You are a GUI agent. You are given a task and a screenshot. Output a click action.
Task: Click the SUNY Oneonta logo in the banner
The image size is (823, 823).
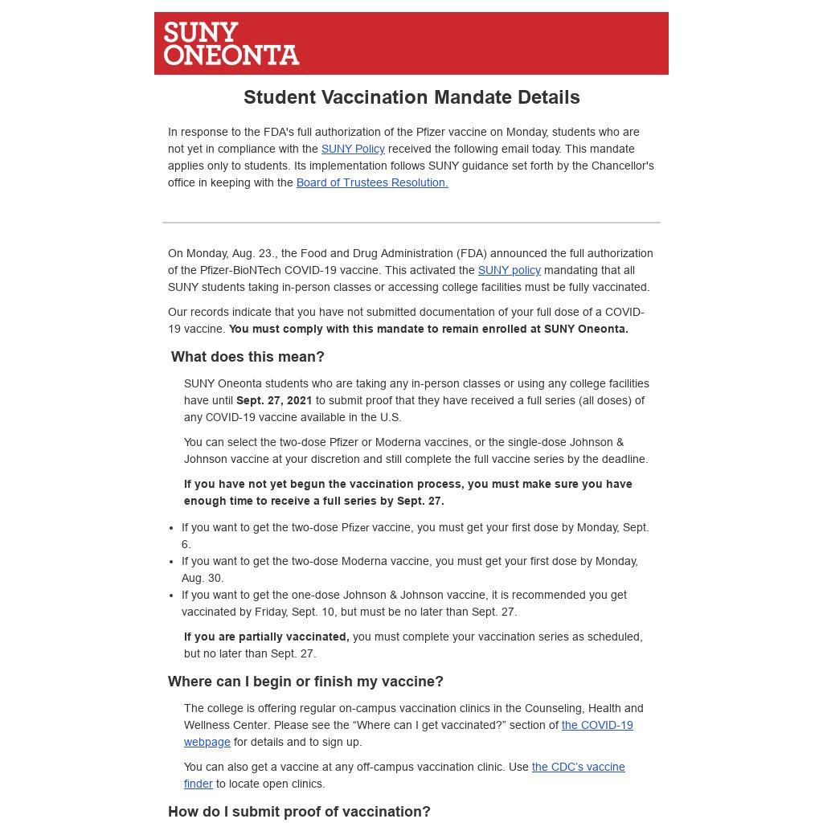[x=231, y=43]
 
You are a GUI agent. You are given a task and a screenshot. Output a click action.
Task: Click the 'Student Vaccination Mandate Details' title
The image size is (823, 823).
[x=411, y=97]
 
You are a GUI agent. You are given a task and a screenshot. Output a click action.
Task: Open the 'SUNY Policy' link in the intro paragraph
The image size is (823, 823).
[x=353, y=149]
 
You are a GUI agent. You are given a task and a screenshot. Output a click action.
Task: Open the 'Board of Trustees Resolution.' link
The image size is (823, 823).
[x=372, y=182]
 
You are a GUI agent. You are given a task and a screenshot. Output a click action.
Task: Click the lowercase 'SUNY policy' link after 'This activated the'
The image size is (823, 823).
[x=509, y=270]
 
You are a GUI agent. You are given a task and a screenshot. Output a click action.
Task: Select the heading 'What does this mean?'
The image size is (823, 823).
[x=248, y=357]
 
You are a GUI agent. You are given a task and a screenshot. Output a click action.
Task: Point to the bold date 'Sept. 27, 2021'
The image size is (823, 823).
[x=274, y=400]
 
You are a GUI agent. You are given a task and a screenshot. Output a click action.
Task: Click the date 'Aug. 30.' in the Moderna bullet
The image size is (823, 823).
[x=203, y=578]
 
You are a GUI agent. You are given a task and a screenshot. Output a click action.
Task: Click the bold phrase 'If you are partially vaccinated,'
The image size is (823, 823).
[x=266, y=637]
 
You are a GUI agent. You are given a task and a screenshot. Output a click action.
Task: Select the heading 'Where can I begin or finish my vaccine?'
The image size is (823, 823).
[x=305, y=682]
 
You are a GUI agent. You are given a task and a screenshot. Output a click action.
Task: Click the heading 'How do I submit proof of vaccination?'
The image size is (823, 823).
[x=299, y=812]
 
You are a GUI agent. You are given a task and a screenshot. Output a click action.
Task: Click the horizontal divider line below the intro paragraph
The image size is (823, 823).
[x=411, y=223]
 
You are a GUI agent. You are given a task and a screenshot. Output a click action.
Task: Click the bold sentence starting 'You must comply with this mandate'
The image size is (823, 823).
[x=428, y=329]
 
